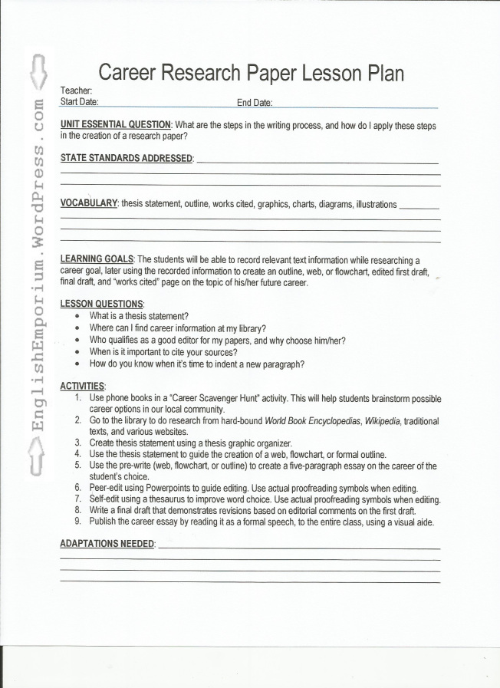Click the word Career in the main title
click(133, 73)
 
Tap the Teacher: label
click(76, 91)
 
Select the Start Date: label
click(79, 101)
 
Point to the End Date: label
click(255, 103)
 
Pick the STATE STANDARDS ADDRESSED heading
click(126, 158)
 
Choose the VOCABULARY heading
click(88, 203)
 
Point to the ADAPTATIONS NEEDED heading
click(107, 544)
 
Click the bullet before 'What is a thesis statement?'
click(77, 316)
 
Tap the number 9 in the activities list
click(78, 522)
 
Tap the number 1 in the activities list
click(79, 399)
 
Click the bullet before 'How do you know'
click(77, 364)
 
